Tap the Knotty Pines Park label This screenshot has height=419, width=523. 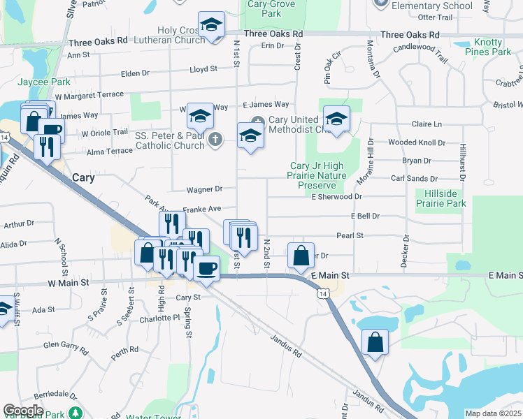[487, 47]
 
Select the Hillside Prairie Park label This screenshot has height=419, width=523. [440, 198]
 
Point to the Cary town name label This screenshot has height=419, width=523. [83, 177]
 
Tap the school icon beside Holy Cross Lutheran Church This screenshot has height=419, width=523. [210, 24]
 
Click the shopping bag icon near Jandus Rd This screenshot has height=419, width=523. [375, 342]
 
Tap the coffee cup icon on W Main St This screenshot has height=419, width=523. [206, 268]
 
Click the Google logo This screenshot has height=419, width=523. [23, 411]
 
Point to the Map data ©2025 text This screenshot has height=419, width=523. [494, 413]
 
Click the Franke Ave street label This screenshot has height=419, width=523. [201, 209]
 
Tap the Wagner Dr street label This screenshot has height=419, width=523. [204, 189]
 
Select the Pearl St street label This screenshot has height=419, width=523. [350, 236]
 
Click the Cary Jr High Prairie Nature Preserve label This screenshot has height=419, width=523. [318, 175]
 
